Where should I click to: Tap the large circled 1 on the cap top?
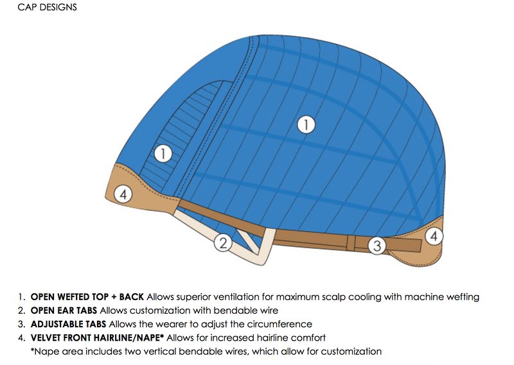tap(307, 124)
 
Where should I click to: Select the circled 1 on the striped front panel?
tap(164, 154)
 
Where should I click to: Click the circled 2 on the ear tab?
tap(222, 243)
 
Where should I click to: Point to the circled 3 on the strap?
tap(377, 244)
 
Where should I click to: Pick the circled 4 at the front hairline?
tap(123, 194)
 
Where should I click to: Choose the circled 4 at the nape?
tap(434, 236)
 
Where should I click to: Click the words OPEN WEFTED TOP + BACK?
tap(87, 297)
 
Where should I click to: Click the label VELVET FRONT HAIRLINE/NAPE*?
tap(97, 337)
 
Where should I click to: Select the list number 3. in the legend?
tap(22, 324)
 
